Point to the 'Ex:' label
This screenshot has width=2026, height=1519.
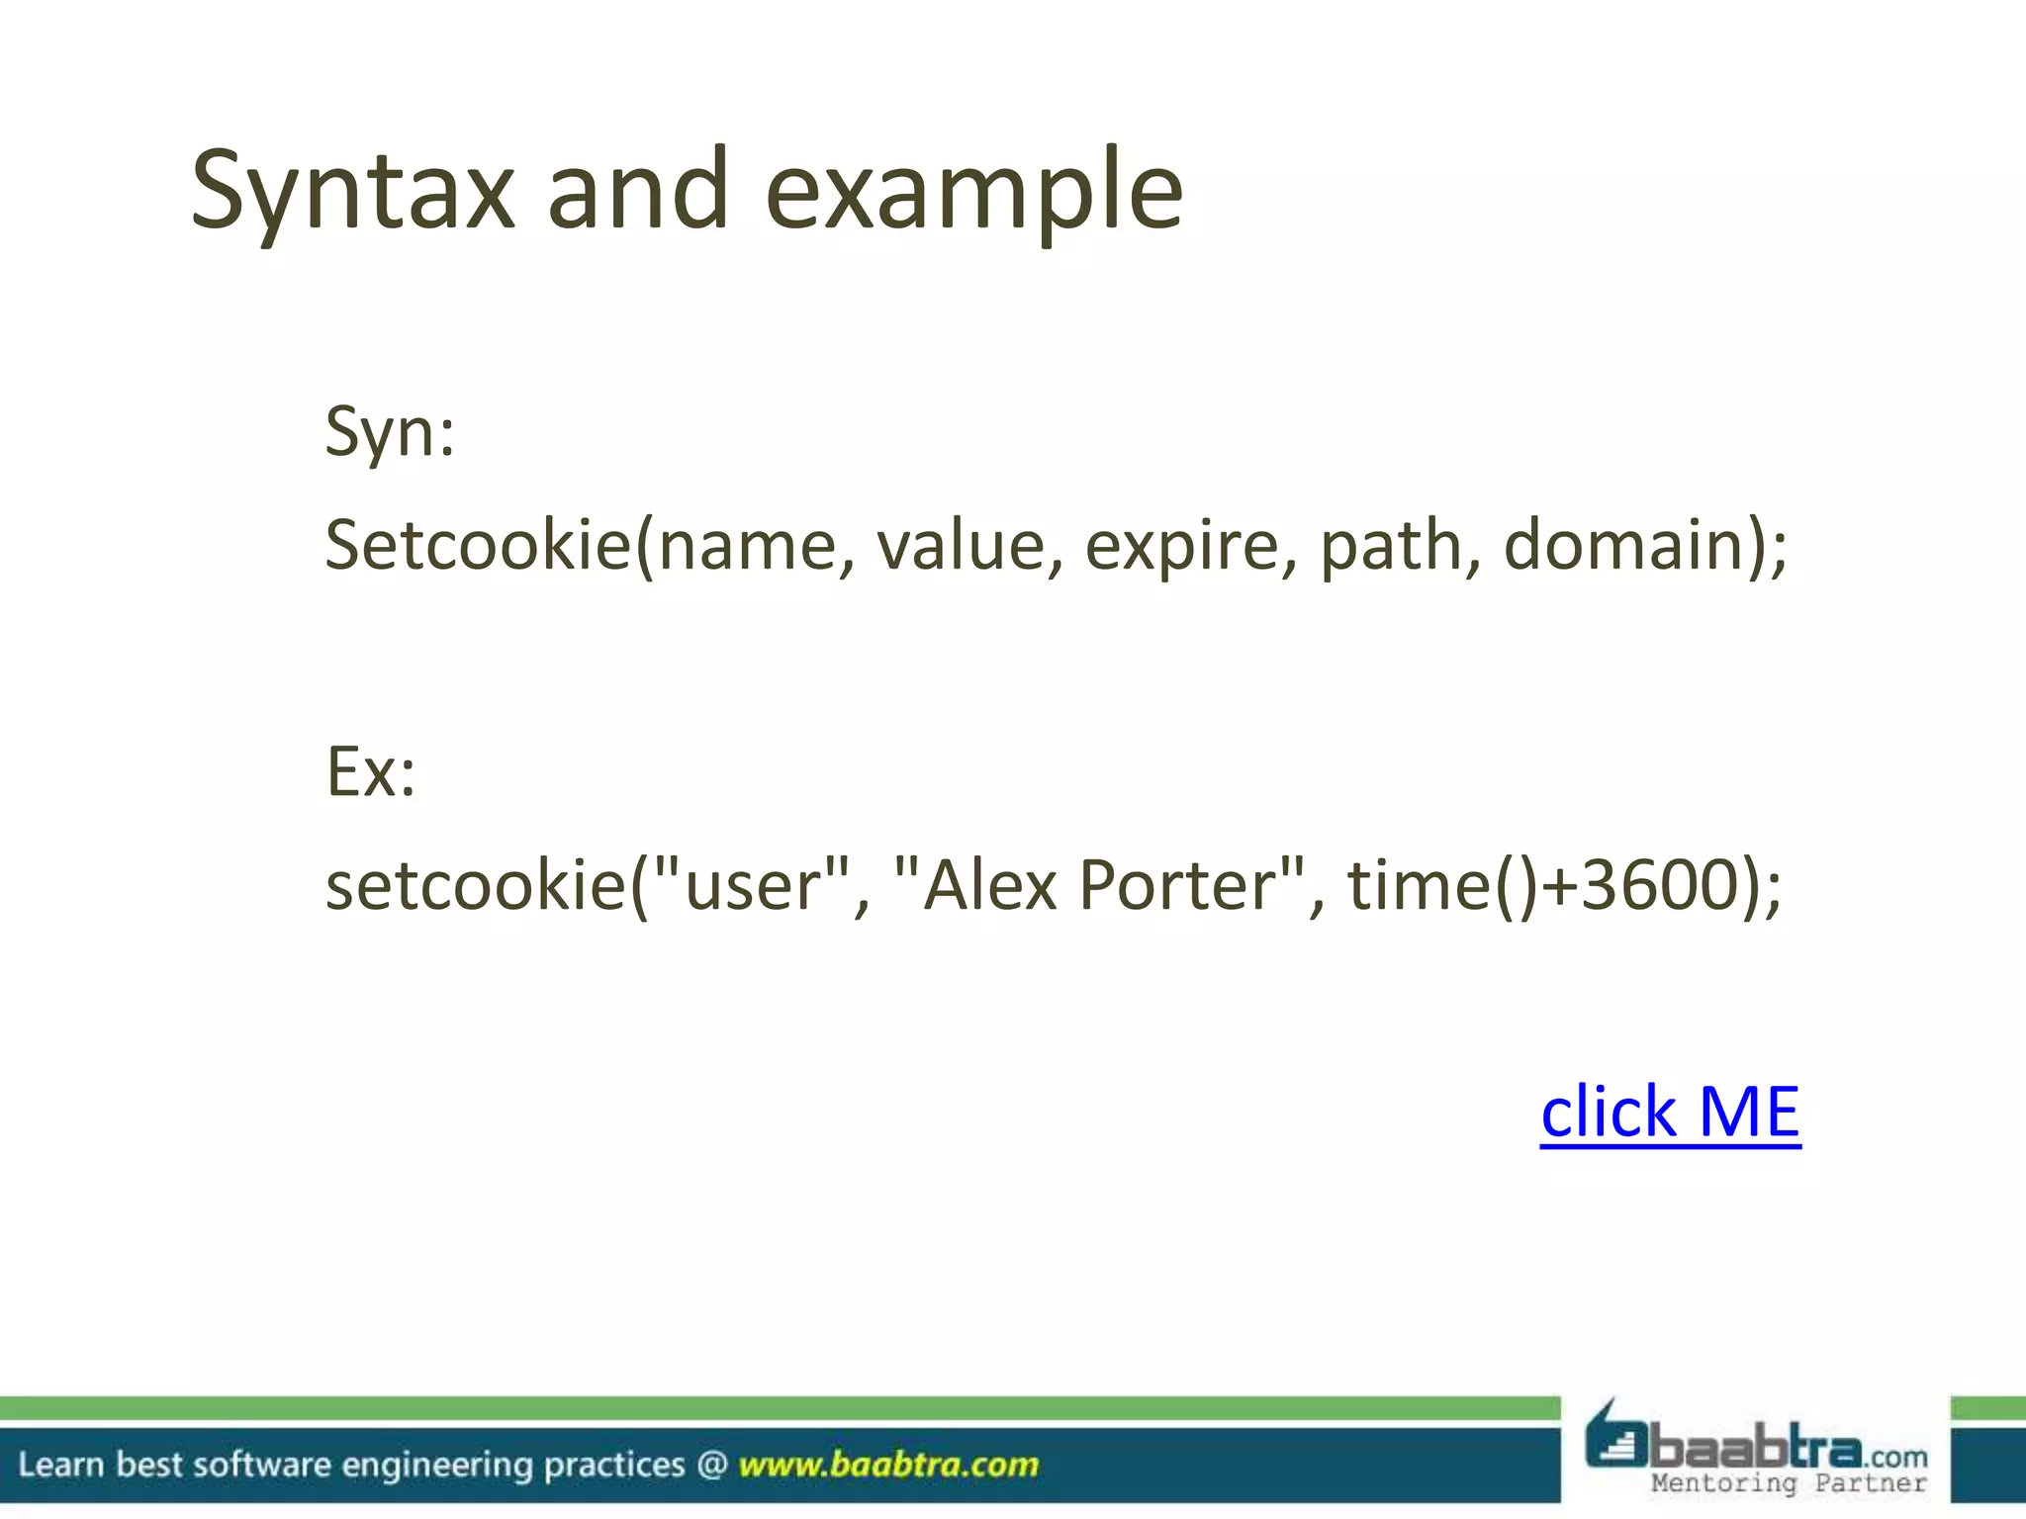[x=371, y=771]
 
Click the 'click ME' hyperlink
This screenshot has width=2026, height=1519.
[x=1670, y=1112]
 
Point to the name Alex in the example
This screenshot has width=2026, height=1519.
[x=989, y=884]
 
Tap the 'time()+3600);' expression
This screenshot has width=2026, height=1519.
[x=1563, y=884]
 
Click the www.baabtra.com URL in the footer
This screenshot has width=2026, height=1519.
[x=888, y=1465]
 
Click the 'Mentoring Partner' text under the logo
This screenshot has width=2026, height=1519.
[x=1789, y=1483]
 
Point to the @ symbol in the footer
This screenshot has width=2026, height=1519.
[x=712, y=1465]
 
